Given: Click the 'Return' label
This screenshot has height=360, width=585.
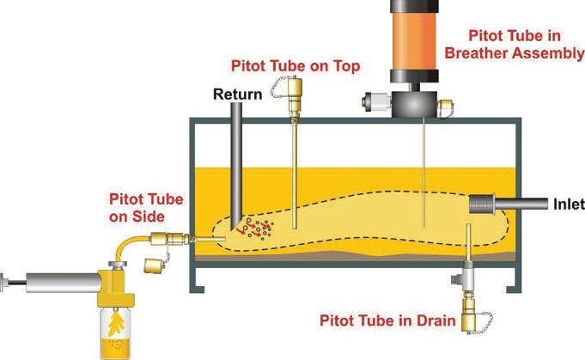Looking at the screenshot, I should (x=237, y=94).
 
